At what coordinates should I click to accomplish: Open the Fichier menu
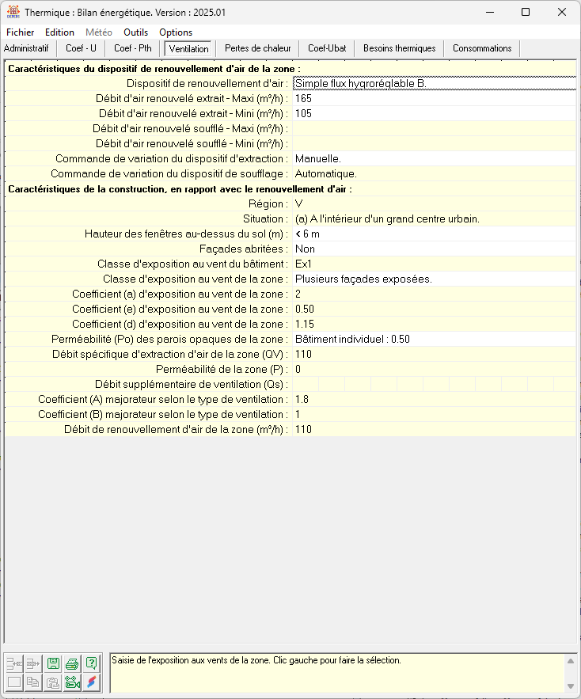click(x=20, y=32)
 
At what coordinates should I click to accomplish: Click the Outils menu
click(x=136, y=32)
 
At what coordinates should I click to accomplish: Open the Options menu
click(x=176, y=32)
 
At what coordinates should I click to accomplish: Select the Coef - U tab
click(x=82, y=48)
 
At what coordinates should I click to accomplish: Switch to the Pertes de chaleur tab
click(x=257, y=48)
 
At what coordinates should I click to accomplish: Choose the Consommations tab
click(x=482, y=48)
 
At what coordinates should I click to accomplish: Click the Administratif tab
click(x=27, y=48)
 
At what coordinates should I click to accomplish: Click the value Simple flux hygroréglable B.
click(x=361, y=83)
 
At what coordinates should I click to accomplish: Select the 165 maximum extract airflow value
click(x=304, y=98)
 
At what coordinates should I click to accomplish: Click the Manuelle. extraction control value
click(x=318, y=158)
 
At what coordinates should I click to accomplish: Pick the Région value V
click(x=299, y=203)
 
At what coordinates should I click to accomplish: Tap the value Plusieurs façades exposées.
click(x=363, y=279)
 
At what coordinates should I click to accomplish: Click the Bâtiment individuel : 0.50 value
click(x=352, y=339)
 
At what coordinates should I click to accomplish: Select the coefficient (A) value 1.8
click(x=302, y=399)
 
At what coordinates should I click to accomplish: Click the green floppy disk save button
click(x=53, y=663)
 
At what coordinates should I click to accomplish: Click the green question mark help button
click(x=92, y=663)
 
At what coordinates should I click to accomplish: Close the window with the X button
click(x=561, y=13)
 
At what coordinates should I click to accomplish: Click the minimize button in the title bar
click(x=489, y=13)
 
